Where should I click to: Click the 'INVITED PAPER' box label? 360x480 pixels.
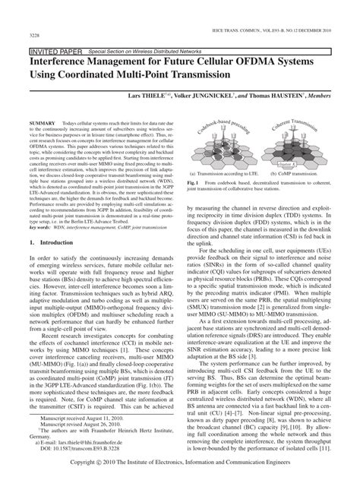click(x=52, y=49)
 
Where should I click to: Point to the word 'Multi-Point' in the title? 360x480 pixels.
click(x=157, y=77)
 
